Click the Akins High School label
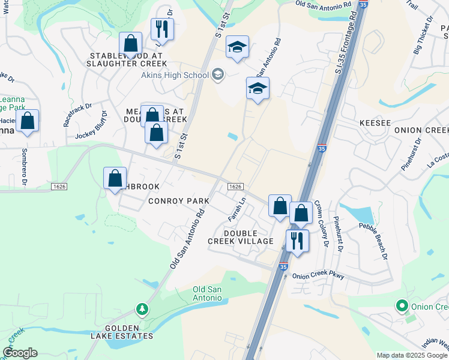click(x=174, y=75)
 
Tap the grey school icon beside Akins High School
click(x=218, y=74)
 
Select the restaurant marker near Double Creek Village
click(x=297, y=240)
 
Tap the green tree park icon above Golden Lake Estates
click(x=142, y=310)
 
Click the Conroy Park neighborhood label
click(x=178, y=201)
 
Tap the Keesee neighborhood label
click(x=375, y=123)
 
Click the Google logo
click(x=20, y=353)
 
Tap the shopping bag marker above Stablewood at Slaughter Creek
click(x=130, y=43)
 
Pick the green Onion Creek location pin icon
click(x=402, y=307)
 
